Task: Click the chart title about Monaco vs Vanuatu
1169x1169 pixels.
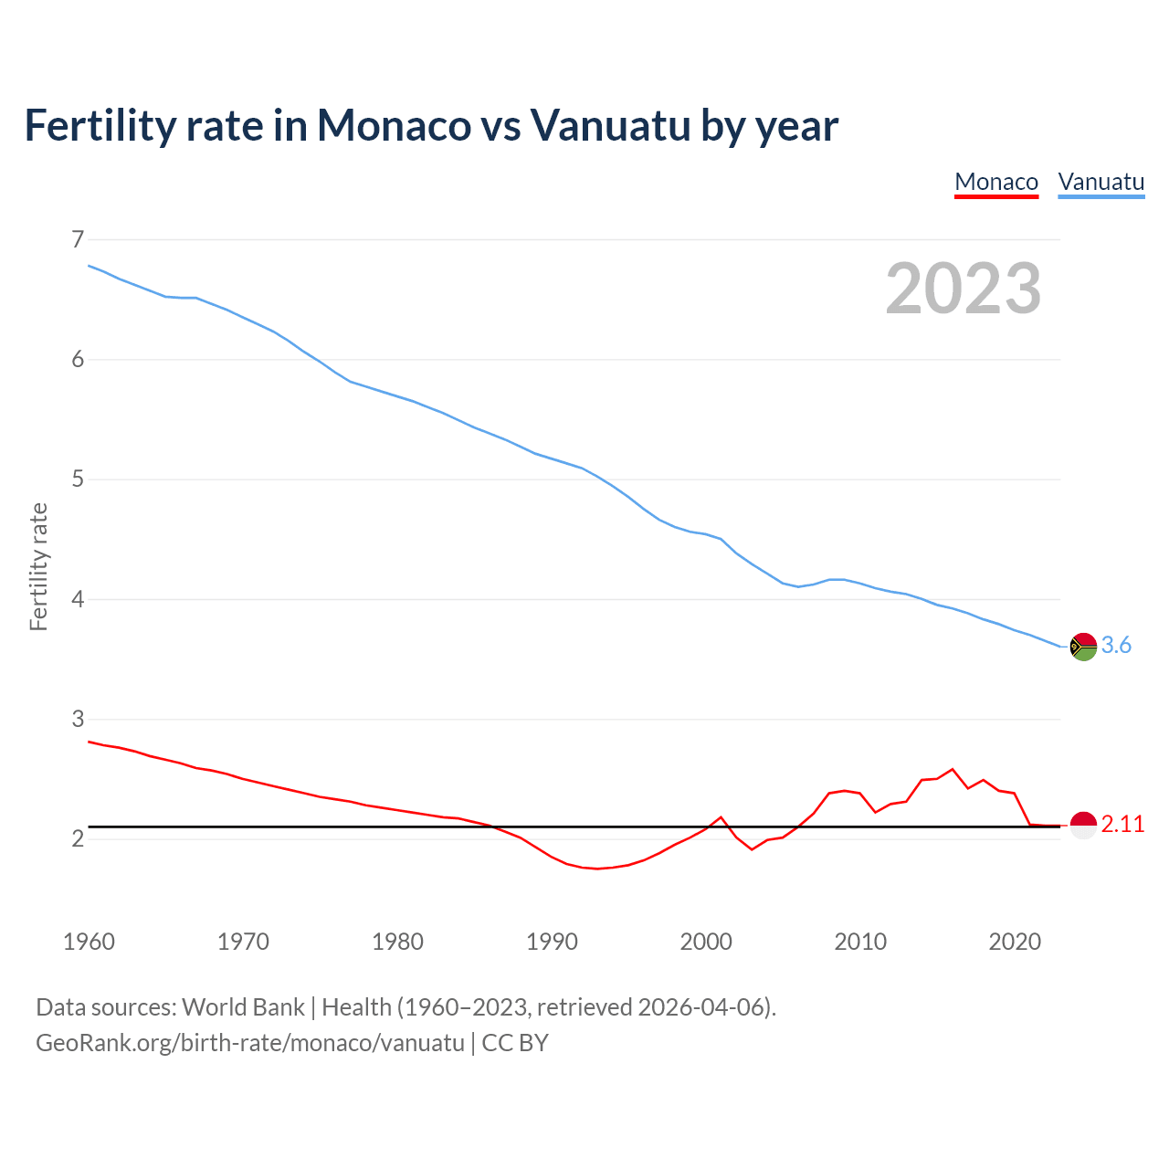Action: click(x=431, y=126)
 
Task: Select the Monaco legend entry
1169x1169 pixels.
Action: click(x=996, y=182)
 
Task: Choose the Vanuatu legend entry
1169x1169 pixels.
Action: click(x=1101, y=182)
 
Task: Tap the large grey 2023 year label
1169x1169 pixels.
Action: click(x=964, y=289)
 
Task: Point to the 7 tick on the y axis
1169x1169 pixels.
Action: click(x=78, y=239)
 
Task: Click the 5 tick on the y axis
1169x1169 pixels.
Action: click(x=78, y=479)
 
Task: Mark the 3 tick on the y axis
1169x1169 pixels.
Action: click(x=78, y=719)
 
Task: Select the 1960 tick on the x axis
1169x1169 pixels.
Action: click(x=89, y=942)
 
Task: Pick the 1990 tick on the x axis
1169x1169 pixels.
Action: click(x=552, y=942)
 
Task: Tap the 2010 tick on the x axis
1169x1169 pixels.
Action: click(x=860, y=942)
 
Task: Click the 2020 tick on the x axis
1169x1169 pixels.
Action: click(x=1015, y=942)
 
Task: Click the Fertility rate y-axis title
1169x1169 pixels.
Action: click(x=38, y=566)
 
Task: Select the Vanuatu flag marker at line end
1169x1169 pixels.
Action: click(x=1083, y=646)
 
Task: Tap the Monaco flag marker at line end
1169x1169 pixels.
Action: click(x=1083, y=825)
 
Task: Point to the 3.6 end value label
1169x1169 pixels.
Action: click(x=1116, y=646)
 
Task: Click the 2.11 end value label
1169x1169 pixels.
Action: click(x=1122, y=825)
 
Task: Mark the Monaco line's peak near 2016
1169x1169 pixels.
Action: click(x=953, y=769)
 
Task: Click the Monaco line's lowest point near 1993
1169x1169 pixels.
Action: click(x=597, y=869)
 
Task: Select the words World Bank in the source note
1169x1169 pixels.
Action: click(x=243, y=1007)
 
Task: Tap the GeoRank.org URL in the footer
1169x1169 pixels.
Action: click(x=249, y=1043)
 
